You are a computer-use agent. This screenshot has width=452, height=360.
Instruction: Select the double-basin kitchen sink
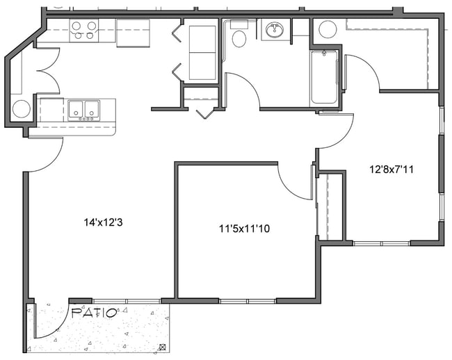point(83,110)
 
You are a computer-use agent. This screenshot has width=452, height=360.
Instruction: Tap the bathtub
point(324,77)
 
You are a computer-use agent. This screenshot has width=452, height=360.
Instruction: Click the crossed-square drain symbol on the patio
point(163,347)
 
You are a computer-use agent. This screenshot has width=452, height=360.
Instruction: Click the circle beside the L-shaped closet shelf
point(327,29)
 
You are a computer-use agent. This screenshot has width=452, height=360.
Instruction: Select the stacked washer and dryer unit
point(202,53)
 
